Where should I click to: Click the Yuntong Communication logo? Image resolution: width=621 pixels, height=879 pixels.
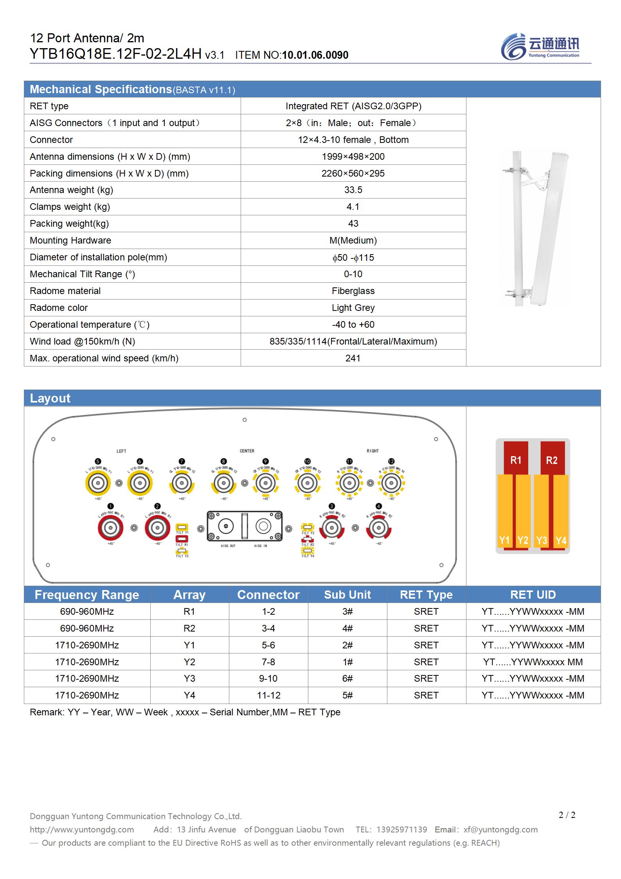(540, 46)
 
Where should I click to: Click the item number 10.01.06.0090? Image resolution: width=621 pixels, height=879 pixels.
(315, 55)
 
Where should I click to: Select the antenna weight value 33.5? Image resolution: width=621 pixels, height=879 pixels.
(353, 190)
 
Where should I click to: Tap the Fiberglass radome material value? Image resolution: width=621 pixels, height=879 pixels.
(353, 291)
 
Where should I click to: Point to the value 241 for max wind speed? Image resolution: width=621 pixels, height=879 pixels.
(353, 358)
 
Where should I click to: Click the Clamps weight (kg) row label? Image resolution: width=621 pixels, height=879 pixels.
(70, 207)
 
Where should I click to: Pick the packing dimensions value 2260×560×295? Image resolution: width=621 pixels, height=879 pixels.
(353, 173)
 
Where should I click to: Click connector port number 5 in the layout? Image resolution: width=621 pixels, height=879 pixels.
(98, 483)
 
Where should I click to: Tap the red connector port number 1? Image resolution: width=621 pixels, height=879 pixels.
(111, 528)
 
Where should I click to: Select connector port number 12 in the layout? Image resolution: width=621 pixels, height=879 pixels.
(391, 483)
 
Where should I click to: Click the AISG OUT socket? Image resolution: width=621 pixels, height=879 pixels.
(226, 526)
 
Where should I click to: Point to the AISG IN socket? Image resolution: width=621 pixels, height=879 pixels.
(263, 526)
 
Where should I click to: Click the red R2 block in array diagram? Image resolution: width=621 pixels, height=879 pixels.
(552, 460)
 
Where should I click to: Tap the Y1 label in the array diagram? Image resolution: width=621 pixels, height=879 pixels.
(504, 540)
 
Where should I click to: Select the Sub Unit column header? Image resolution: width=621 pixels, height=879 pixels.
(347, 594)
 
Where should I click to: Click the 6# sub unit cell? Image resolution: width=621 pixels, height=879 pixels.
(347, 678)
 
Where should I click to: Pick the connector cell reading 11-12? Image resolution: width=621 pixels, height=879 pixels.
(268, 695)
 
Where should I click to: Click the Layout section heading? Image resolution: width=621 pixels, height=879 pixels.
(50, 398)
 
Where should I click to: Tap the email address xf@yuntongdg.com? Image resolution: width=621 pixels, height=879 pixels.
(500, 829)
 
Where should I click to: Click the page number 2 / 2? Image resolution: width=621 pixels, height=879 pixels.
(567, 815)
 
